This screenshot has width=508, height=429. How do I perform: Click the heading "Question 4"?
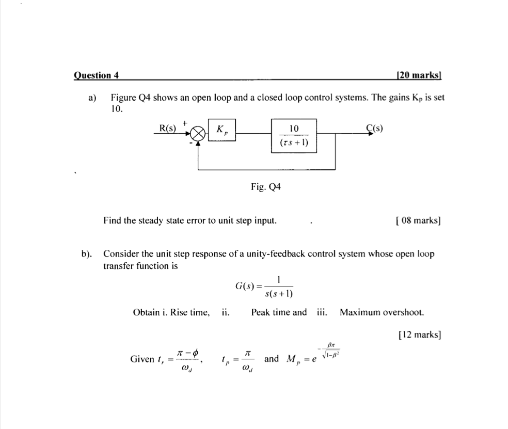tap(97, 75)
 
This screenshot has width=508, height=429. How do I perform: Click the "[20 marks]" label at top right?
tap(418, 75)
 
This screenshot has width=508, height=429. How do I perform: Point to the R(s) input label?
tap(167, 128)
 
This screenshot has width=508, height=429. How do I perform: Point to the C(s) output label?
tap(374, 129)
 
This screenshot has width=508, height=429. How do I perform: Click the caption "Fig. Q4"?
tap(266, 187)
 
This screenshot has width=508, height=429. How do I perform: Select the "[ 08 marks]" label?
tap(417, 220)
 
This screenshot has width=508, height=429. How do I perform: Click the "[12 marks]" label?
tap(420, 335)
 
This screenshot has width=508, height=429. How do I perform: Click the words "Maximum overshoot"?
tap(382, 312)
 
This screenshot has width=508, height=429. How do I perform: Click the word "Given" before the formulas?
tap(142, 359)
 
